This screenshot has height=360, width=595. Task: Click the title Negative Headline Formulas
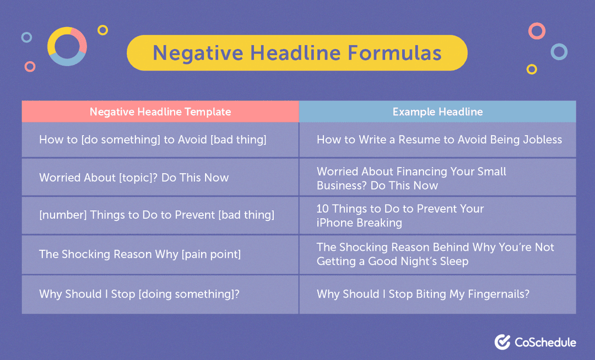coord(297,53)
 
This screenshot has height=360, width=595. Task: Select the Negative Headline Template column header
coord(160,112)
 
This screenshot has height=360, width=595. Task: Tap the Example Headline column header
coord(437,112)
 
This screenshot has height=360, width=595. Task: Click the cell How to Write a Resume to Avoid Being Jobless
coord(439,139)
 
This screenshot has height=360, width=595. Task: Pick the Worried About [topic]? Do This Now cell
coord(134,178)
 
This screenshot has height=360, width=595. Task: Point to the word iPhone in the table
coord(334,223)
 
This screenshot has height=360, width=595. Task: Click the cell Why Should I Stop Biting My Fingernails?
coord(423,294)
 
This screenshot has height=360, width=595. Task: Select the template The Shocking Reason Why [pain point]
coord(140,254)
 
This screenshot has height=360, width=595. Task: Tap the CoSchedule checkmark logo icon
coord(502,342)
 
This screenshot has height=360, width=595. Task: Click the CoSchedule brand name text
coord(545,342)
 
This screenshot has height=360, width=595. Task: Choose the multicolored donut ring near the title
coord(67,46)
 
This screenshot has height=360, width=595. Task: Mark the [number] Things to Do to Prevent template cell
coord(156,215)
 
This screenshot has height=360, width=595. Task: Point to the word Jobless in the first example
coord(542,139)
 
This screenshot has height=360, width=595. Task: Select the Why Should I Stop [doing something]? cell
coord(139,294)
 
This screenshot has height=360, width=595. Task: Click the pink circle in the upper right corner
coord(536,30)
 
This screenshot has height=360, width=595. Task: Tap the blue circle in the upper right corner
coord(559,52)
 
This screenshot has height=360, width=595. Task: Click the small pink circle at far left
coord(30,66)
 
